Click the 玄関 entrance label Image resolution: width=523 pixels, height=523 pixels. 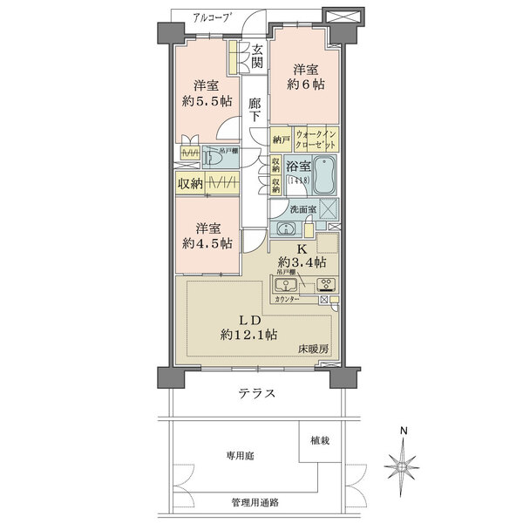click(258, 56)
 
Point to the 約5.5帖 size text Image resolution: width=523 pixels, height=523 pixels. click(206, 101)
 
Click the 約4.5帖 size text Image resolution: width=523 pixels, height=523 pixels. click(207, 244)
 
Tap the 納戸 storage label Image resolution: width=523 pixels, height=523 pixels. click(279, 139)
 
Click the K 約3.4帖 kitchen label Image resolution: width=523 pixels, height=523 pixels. click(296, 255)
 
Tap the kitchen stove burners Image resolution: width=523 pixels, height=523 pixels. click(326, 284)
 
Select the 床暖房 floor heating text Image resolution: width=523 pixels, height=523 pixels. click(309, 349)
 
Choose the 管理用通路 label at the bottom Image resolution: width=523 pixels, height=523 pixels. click(255, 504)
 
